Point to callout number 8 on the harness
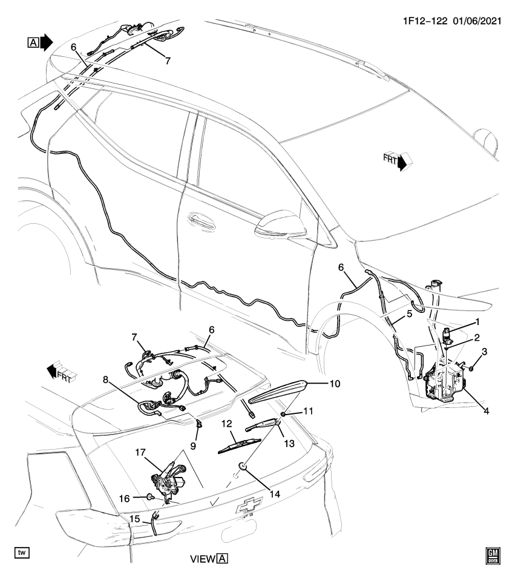105,381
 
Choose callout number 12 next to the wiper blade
229,423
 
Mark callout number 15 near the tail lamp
134,519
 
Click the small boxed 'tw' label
22,552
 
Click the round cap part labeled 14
241,466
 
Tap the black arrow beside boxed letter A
47,41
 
